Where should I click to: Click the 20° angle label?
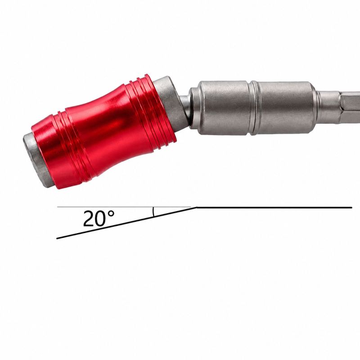99,218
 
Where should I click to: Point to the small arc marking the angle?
153,211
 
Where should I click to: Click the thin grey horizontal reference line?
124,207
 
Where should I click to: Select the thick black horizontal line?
274,207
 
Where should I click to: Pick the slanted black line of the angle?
127,223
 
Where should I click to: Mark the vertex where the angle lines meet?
197,207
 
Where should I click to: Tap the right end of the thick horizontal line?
351,207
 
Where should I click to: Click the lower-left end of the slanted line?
57,238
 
